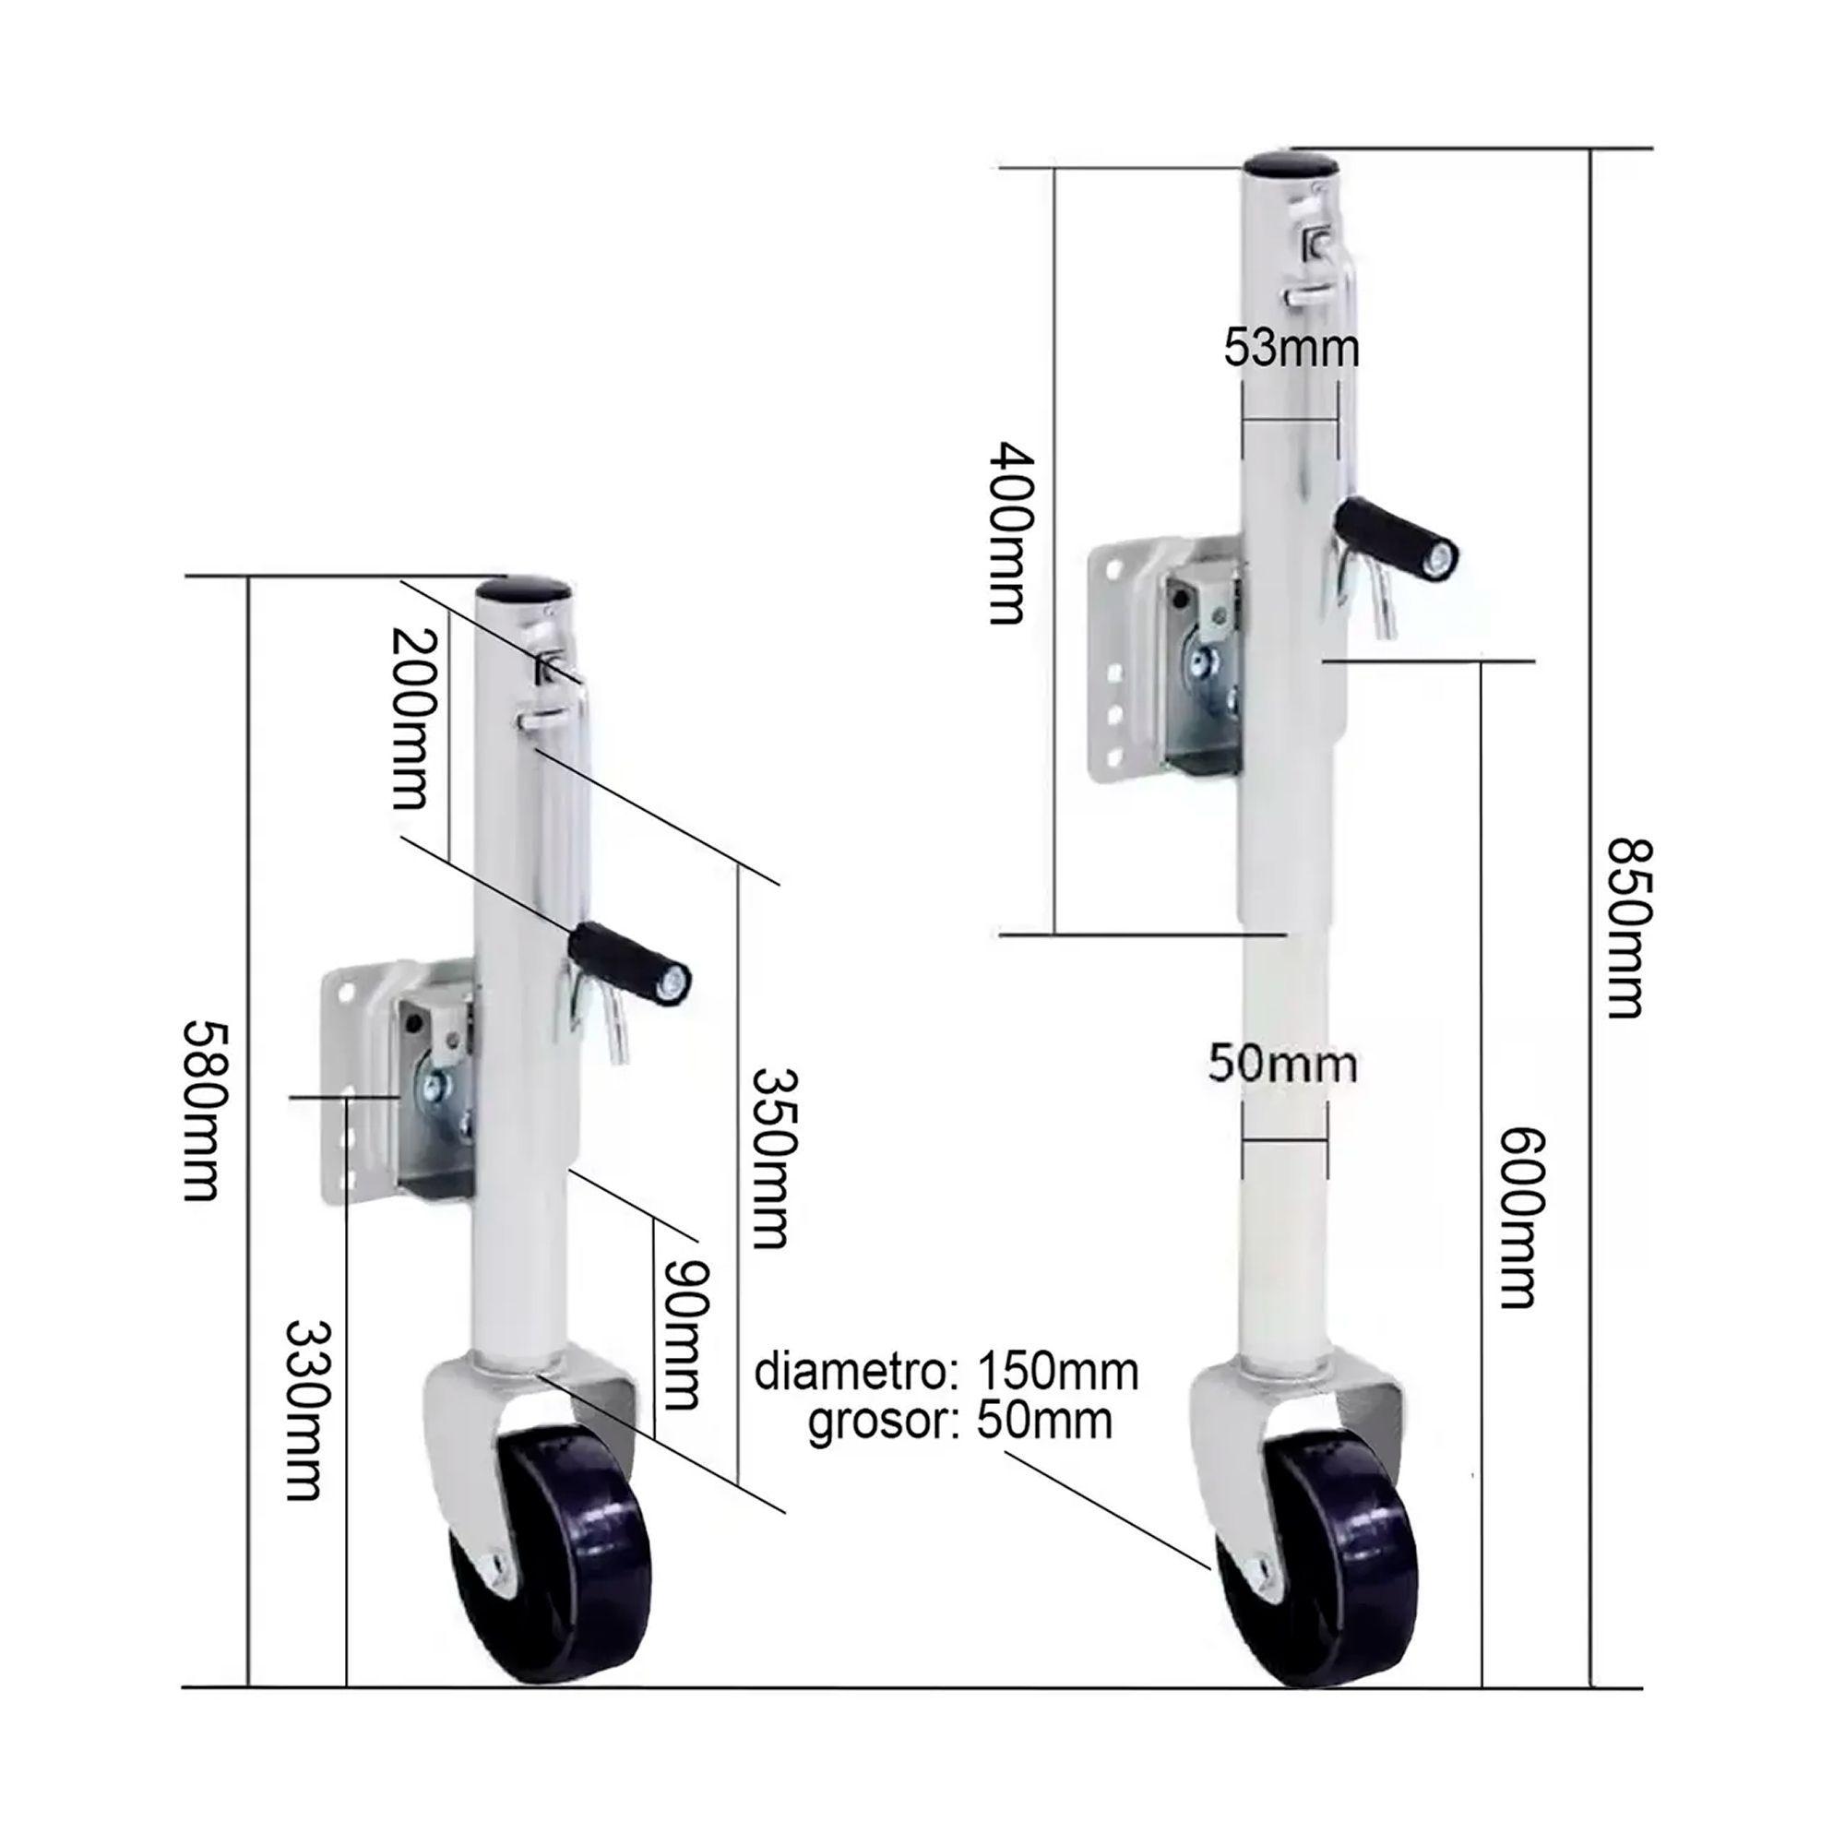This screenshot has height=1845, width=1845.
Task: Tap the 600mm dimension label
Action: [x=1518, y=1218]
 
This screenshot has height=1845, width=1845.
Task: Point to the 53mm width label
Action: [x=1292, y=348]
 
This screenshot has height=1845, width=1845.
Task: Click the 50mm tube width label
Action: [x=1281, y=1063]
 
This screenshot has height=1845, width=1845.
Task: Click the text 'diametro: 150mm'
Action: [x=946, y=1374]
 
